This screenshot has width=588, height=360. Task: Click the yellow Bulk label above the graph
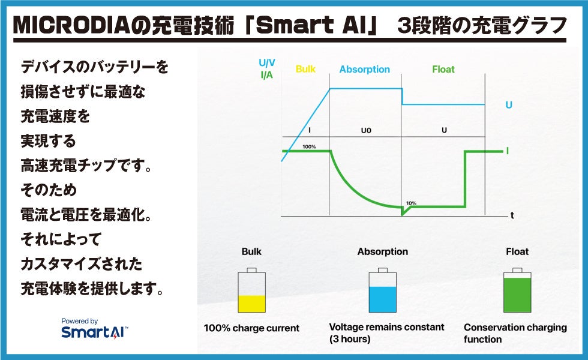305,69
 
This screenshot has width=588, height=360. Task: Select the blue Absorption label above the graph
365,70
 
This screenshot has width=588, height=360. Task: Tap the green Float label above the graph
443,70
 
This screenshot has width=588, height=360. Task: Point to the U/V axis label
266,62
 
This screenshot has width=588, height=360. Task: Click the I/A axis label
266,75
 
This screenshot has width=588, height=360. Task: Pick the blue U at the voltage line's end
509,105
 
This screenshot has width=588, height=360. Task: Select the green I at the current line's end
508,151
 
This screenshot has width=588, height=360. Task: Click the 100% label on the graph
309,146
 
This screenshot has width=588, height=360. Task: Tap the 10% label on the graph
411,203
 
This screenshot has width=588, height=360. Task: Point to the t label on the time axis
512,215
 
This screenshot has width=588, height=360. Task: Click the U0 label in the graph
366,131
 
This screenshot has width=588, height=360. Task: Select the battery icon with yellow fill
251,290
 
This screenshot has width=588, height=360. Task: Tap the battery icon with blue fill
383,290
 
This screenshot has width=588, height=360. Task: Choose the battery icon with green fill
517,290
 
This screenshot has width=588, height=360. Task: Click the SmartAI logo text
95,332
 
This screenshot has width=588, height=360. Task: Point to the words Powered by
79,321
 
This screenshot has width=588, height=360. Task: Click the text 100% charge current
251,328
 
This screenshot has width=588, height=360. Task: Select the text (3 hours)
350,339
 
